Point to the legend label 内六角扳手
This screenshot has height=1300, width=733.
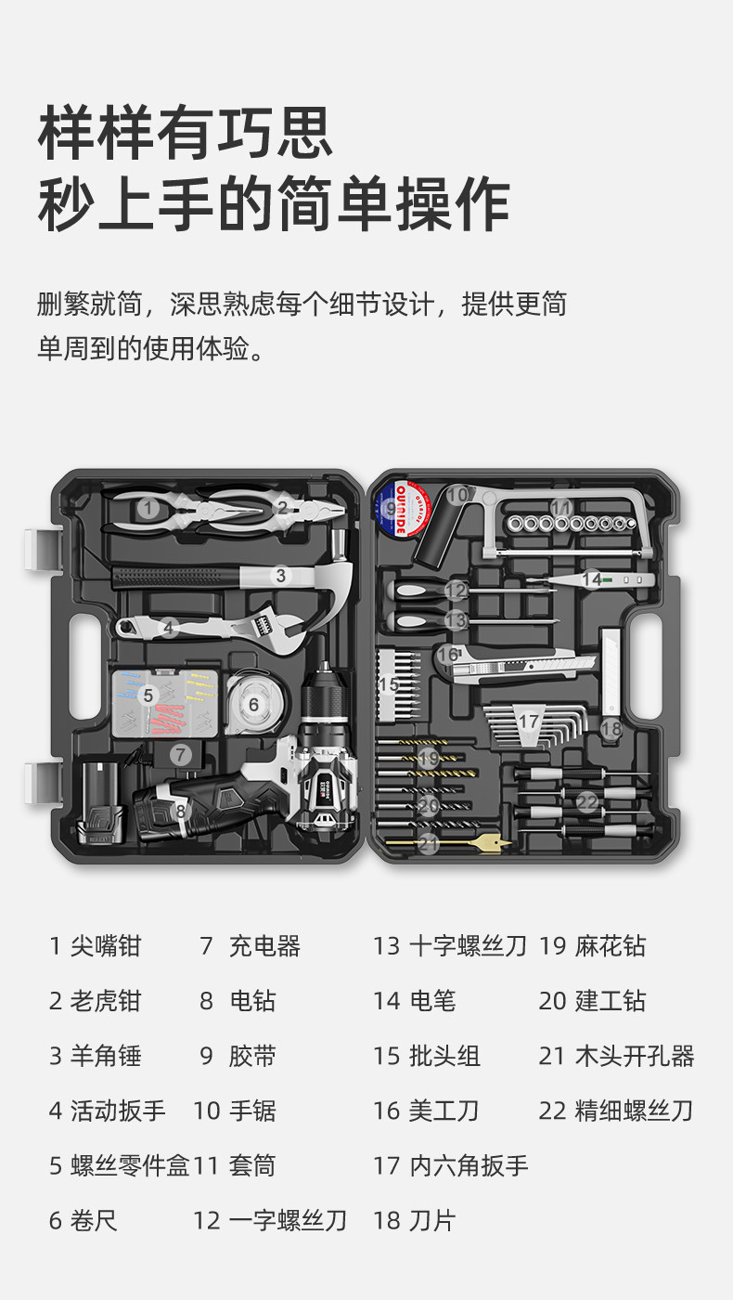click(x=469, y=1165)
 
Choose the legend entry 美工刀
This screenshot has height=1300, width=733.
click(x=444, y=1111)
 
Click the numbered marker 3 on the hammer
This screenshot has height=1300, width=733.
click(x=280, y=576)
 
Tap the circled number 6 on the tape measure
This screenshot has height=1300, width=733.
click(x=253, y=705)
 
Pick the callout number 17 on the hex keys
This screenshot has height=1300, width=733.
click(x=528, y=721)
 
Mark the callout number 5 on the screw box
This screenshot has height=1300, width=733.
click(x=147, y=695)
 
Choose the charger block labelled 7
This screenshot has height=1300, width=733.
click(x=181, y=755)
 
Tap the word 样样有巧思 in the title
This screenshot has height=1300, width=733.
click(x=185, y=132)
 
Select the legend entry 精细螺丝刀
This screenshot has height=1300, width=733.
click(x=635, y=1111)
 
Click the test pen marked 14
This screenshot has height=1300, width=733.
click(x=598, y=579)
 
